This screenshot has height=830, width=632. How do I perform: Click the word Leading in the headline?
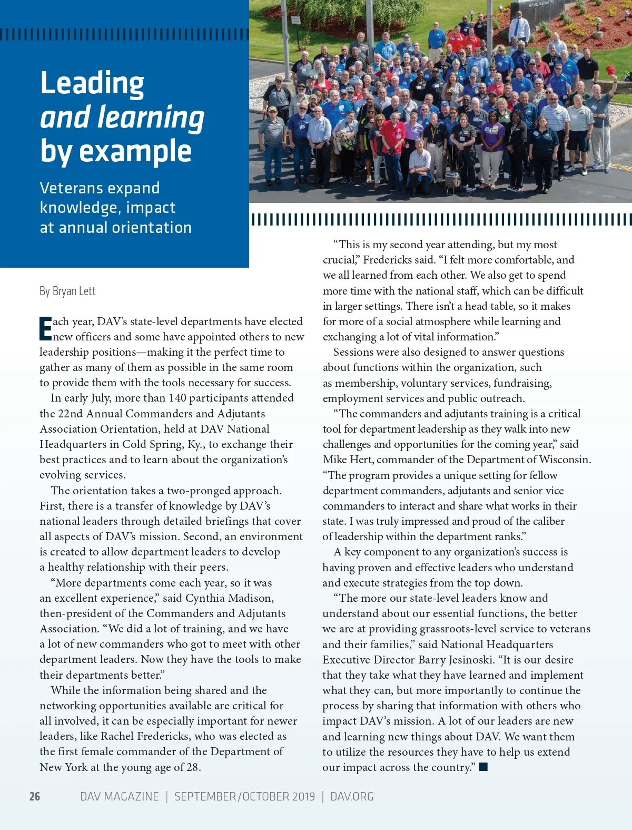pos(92,83)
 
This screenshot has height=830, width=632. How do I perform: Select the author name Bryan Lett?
pos(74,291)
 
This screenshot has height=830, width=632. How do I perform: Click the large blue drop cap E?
pos(45,329)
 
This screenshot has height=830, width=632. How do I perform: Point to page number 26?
pos(35,796)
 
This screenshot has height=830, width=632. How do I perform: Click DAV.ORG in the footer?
pos(352,796)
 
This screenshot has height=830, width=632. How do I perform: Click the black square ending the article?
pos(483,767)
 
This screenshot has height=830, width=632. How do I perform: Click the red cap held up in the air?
pos(610,71)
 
